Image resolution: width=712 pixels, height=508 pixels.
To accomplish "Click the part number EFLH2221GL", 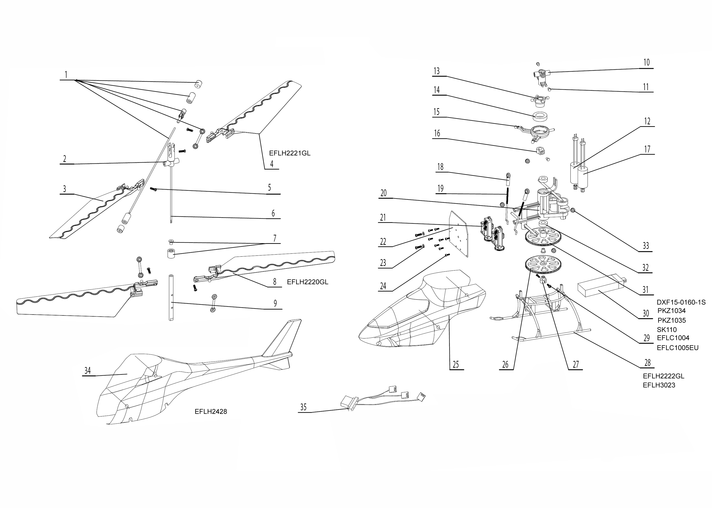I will point(290,153).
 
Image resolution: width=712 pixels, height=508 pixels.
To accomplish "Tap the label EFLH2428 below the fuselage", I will point(211,412).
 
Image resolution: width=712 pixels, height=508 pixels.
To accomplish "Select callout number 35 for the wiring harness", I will point(303,407).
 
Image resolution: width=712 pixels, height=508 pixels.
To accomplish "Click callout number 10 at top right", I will point(646,63).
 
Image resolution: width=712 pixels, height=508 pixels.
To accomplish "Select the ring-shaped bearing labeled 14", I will point(540,117).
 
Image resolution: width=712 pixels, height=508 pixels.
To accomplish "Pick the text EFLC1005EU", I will point(678,348).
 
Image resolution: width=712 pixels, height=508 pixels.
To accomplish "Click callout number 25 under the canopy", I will point(456,364).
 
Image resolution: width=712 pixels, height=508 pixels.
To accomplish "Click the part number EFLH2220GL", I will point(307,282).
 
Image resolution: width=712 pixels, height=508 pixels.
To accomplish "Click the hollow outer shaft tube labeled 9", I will point(171,297).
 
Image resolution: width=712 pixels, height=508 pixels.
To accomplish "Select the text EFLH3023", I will point(659,385).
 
